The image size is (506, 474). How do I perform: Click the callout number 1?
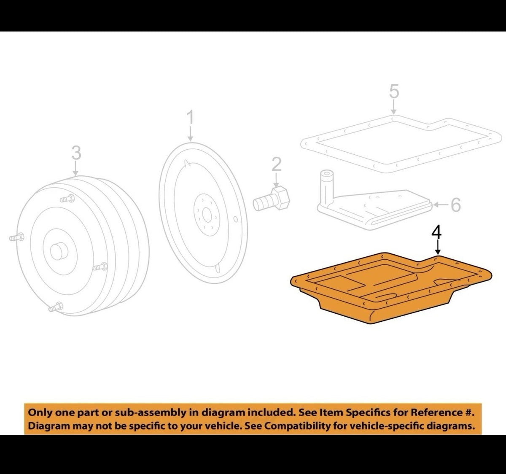[x=191, y=117]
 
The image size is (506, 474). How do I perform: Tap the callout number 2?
[x=277, y=164]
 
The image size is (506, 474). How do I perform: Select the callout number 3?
[x=76, y=153]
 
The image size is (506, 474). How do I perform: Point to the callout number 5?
[x=394, y=92]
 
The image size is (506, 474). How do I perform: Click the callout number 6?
[x=456, y=205]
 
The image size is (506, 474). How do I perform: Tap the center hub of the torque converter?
[x=59, y=251]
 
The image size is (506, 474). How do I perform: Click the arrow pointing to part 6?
[x=441, y=205]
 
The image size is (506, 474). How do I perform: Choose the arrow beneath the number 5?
[x=394, y=107]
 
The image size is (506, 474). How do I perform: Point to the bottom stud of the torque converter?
[x=56, y=307]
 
